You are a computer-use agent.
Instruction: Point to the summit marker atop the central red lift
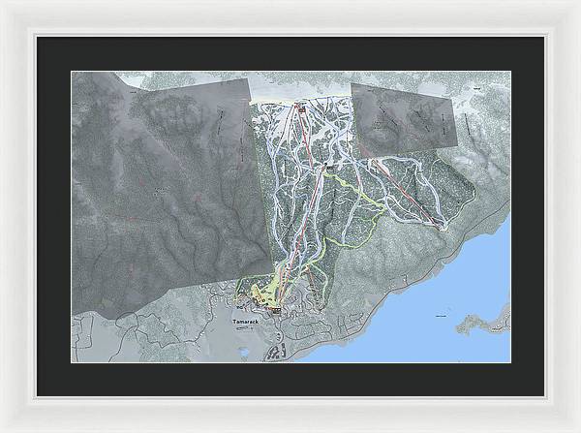click(x=300, y=109)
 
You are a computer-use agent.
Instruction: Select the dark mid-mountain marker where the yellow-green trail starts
click(x=330, y=169)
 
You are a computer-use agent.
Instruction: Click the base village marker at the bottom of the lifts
click(x=275, y=309)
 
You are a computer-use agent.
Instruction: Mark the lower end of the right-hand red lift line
click(x=441, y=226)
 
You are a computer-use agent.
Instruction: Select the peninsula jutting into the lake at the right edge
click(x=484, y=321)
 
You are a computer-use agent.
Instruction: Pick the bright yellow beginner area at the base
click(x=260, y=291)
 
